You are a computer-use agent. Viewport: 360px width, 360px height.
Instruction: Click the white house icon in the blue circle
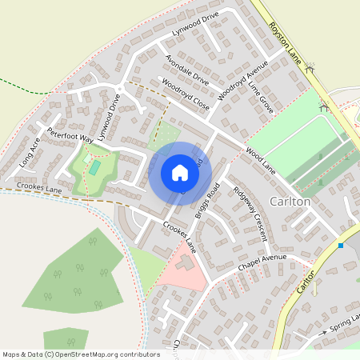click(180, 173)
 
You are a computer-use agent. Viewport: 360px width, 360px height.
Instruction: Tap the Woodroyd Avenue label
click(246, 78)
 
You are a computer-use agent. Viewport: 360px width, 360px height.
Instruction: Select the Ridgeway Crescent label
click(250, 214)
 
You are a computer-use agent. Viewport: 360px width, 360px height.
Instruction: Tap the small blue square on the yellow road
click(342, 246)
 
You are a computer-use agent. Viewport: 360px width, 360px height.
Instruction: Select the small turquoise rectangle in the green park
click(94, 168)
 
